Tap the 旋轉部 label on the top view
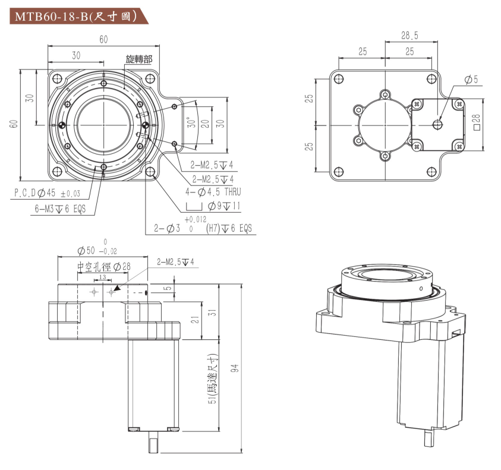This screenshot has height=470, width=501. click(138, 59)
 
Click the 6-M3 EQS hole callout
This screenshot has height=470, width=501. click(60, 209)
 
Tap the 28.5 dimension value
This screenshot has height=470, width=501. click(409, 36)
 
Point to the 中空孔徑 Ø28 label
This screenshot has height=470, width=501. click(103, 267)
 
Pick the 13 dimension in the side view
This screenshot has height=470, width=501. click(102, 277)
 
